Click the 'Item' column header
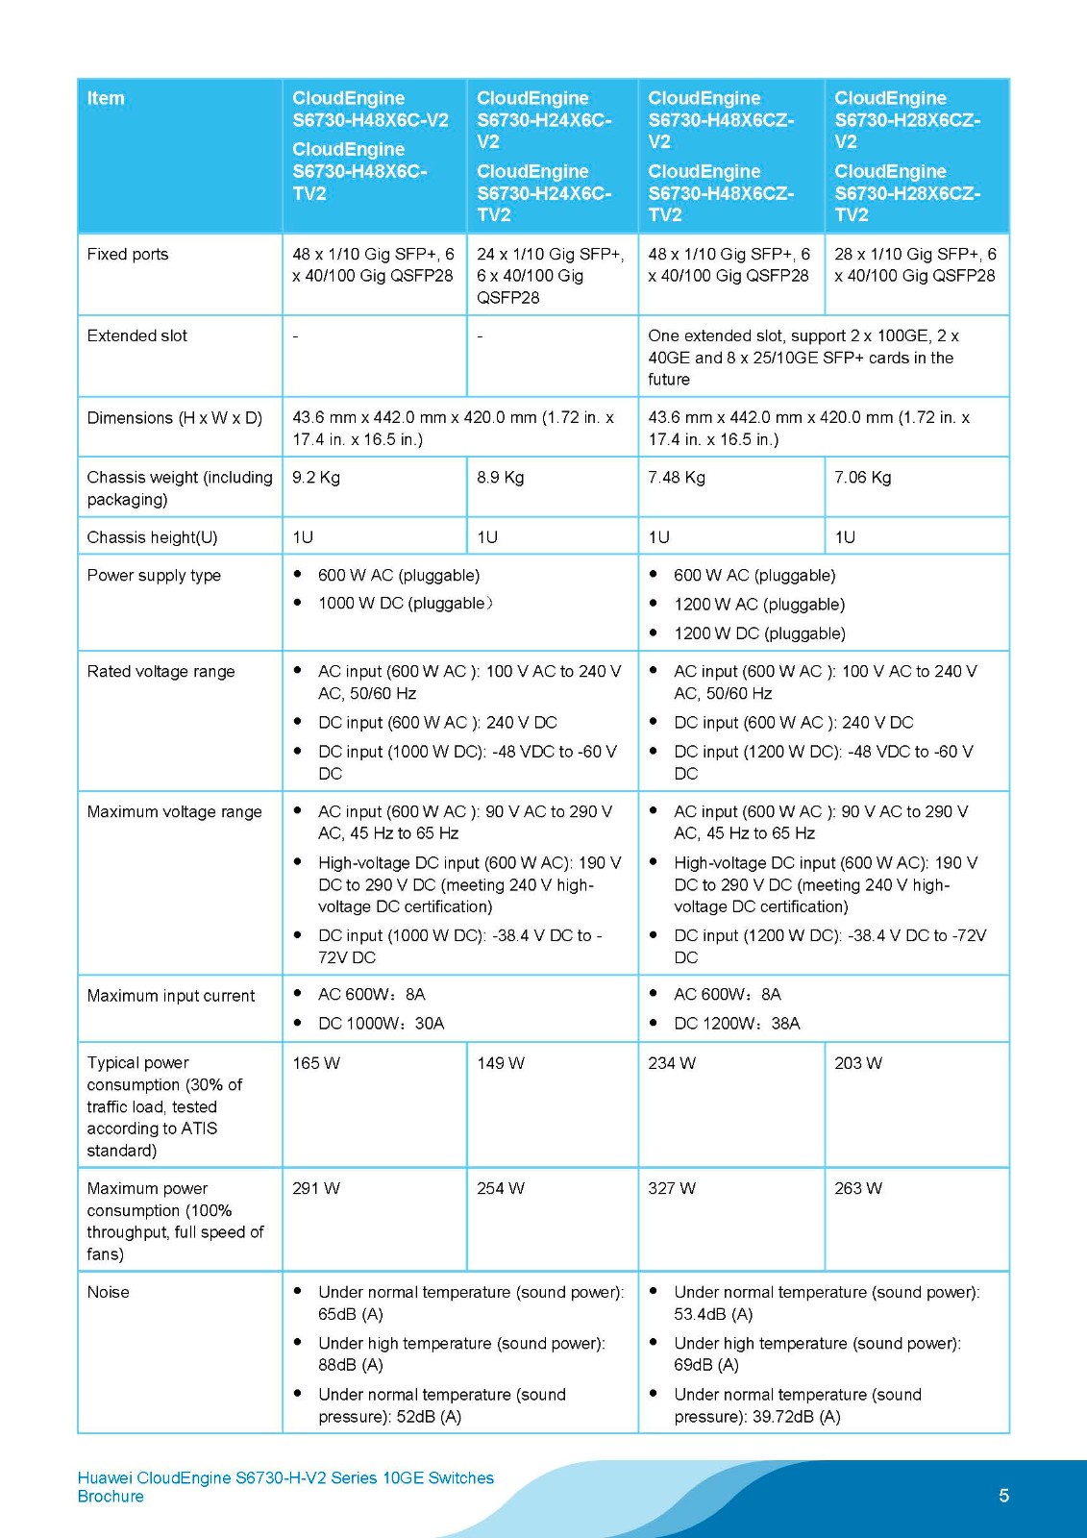[106, 98]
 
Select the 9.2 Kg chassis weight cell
[316, 478]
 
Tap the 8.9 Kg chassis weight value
[501, 478]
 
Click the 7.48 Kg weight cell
[677, 478]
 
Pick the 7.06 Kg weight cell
[863, 478]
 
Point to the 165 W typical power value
[316, 1063]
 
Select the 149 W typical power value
[501, 1063]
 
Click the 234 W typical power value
[672, 1063]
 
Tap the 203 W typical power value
[858, 1063]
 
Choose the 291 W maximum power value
[316, 1189]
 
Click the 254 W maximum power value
[501, 1189]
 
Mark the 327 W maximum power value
[672, 1189]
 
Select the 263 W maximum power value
[858, 1189]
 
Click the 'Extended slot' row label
[137, 336]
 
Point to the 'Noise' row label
[108, 1293]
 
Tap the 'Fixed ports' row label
[128, 255]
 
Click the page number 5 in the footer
[1004, 1496]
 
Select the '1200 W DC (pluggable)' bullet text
[759, 633]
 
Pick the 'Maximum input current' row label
[171, 997]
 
